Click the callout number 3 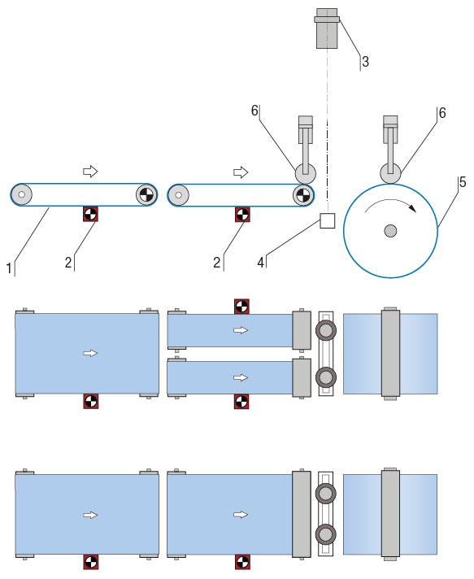click(365, 62)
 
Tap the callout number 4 click(261, 263)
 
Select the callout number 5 click(463, 182)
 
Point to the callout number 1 click(9, 268)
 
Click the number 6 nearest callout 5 click(442, 112)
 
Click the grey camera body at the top click(327, 28)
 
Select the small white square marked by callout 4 click(328, 221)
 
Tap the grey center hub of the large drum click(390, 231)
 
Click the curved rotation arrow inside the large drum click(390, 201)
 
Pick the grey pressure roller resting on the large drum click(390, 173)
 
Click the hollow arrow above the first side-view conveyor click(90, 172)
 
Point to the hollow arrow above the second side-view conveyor click(241, 172)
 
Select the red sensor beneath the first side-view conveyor click(90, 214)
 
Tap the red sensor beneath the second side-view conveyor click(242, 215)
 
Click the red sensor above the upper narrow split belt click(241, 307)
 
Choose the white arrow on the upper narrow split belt click(241, 330)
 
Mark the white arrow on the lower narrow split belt click(241, 377)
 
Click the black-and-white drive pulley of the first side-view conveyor click(146, 194)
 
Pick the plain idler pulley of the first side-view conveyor click(21, 194)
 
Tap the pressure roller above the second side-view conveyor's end click(305, 173)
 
